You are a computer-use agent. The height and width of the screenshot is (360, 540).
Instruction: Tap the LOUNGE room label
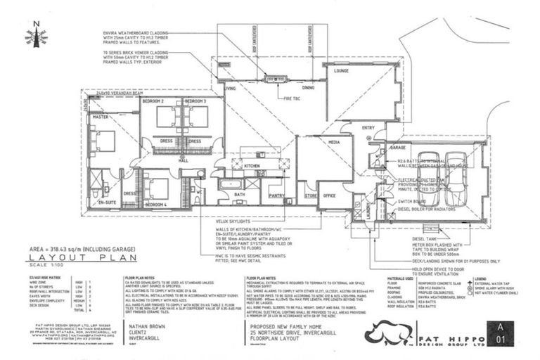[x=342, y=71]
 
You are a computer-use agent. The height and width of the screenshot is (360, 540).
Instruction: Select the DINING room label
[x=308, y=88]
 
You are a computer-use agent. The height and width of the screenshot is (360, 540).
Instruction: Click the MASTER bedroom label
[x=100, y=117]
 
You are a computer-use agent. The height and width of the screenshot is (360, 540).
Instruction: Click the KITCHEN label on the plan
[x=252, y=165]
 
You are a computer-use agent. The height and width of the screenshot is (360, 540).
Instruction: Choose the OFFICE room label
[x=329, y=195]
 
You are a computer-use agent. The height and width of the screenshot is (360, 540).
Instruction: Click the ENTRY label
[x=368, y=127]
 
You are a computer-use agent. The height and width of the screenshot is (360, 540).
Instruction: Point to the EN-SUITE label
[x=106, y=202]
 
